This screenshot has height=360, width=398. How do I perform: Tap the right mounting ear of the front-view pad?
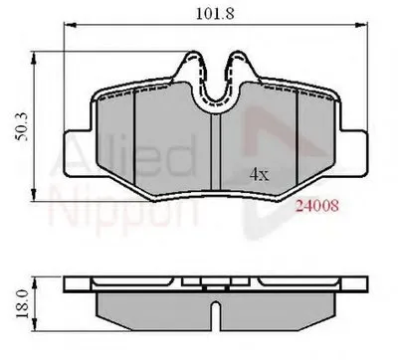coord(354,141)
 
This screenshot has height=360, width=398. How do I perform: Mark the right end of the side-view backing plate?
coord(362,289)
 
